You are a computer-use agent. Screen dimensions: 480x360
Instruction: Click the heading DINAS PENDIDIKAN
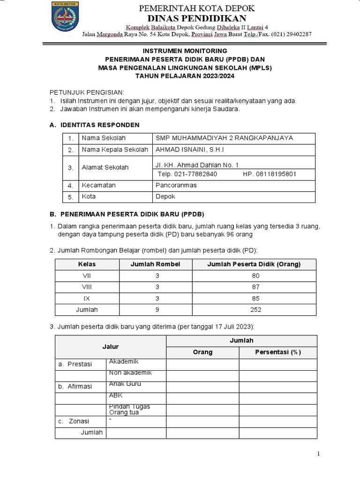pos(196,18)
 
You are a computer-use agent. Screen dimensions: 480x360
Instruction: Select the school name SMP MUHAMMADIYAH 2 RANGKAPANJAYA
pos(224,138)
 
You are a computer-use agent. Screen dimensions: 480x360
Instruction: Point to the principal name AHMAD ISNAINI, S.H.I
pos(189,150)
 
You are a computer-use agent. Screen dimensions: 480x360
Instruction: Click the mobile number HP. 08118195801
pos(270,174)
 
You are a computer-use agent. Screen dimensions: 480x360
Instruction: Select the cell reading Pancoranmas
pos(176,185)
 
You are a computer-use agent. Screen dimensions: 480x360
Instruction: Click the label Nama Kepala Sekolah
pos(116,150)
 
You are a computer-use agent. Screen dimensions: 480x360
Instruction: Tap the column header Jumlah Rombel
pos(155,264)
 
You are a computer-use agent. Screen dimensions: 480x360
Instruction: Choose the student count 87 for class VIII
pos(255,287)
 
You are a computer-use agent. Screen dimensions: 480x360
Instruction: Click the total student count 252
pos(255,309)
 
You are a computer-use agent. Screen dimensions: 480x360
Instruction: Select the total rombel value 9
pos(157,309)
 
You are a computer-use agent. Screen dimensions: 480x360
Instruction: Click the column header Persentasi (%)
pos(278,352)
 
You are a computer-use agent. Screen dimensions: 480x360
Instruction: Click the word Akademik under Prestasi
pos(124,361)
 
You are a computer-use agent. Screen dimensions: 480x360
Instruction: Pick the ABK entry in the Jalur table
pos(115,395)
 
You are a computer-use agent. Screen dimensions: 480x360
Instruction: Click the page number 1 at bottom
pos(318,453)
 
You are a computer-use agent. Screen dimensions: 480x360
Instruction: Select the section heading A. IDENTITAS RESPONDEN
pos(94,125)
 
